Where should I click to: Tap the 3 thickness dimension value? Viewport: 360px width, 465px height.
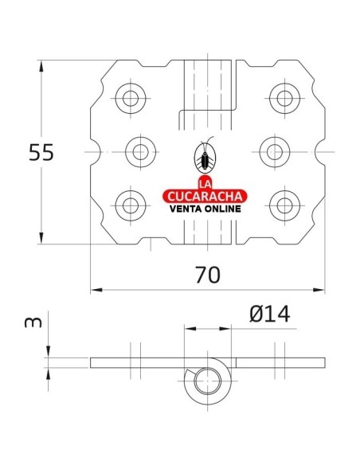click(x=31, y=323)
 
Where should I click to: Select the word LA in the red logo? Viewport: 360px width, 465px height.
click(x=206, y=181)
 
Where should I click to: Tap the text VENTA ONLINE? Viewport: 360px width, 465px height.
click(x=206, y=211)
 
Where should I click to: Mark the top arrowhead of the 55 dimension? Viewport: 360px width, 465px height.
click(x=39, y=64)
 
